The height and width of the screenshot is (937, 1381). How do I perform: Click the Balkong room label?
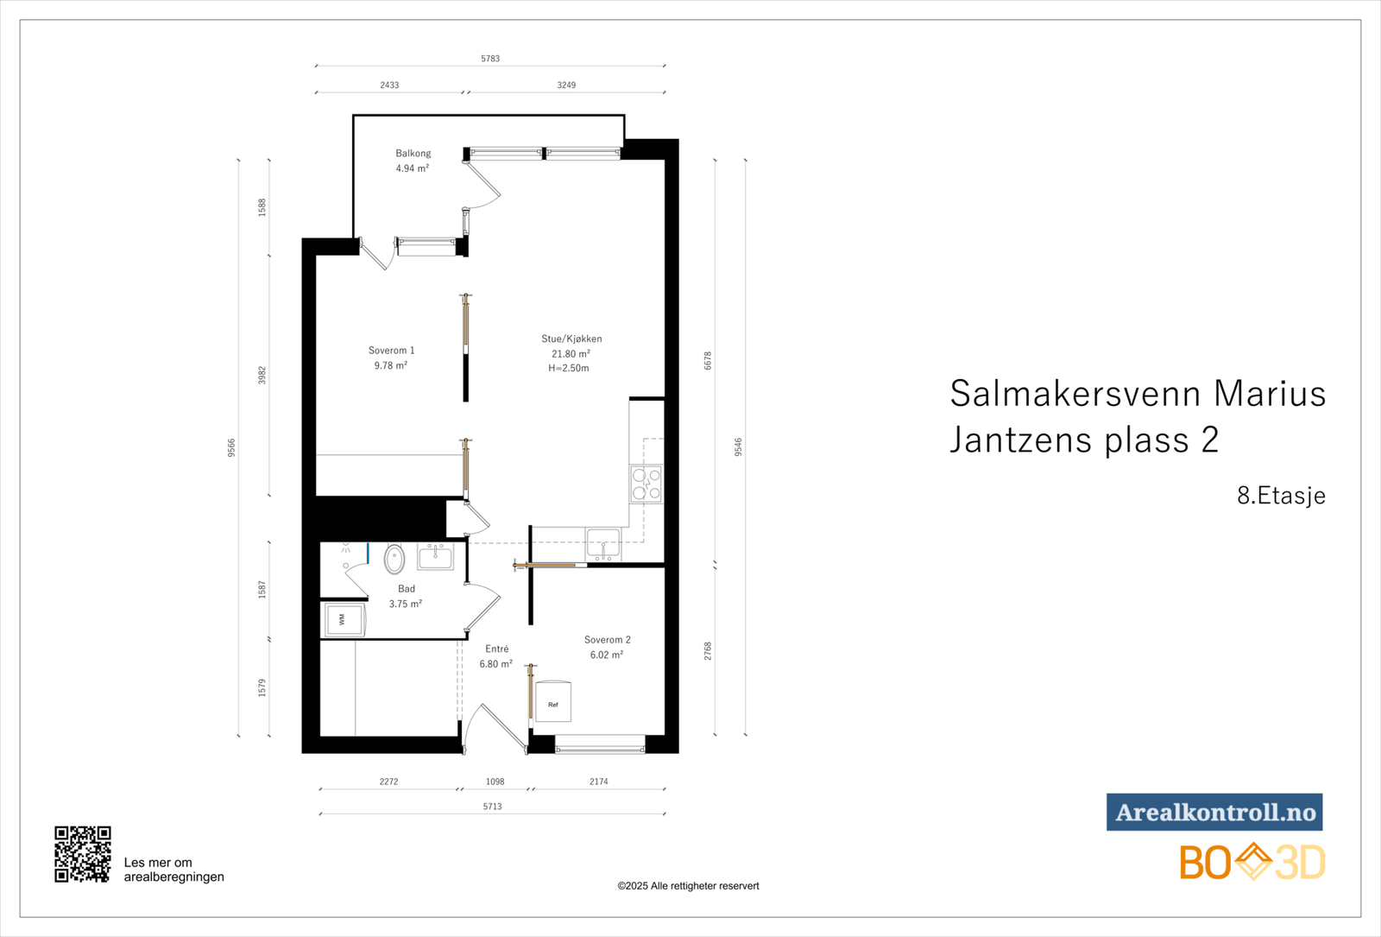413,154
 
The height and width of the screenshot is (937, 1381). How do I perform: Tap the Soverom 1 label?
391,351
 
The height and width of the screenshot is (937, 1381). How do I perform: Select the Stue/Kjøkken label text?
571,339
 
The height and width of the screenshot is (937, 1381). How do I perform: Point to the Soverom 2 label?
607,640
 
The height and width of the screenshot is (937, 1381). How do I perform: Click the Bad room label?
407,589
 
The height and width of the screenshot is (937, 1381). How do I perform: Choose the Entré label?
496,649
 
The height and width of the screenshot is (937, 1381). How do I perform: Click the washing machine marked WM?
344,619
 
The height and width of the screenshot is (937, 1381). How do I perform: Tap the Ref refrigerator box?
553,703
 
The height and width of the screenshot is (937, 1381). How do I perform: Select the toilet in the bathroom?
394,559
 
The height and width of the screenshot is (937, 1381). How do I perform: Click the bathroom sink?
435,556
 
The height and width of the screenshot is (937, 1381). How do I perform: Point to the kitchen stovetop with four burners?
646,484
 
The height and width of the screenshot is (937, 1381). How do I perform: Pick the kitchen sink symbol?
603,546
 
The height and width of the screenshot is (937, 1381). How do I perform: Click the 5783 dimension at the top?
490,59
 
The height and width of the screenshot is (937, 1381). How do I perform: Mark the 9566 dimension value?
231,447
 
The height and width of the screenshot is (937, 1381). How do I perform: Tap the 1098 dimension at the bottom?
495,782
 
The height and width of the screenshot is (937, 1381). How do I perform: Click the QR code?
83,854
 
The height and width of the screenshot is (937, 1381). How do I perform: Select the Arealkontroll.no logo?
1214,812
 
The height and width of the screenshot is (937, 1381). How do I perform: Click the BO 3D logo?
1252,862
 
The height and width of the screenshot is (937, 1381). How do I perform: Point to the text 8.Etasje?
1281,496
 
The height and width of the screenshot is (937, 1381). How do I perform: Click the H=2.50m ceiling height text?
569,368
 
